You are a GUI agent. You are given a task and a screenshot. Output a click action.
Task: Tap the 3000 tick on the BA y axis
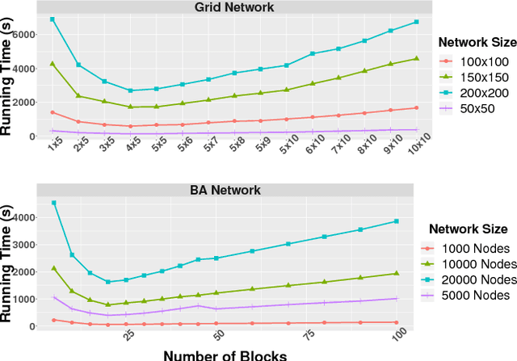click(27, 244)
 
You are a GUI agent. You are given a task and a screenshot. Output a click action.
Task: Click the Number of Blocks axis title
click(223, 353)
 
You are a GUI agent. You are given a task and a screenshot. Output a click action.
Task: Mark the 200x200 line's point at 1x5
click(53, 19)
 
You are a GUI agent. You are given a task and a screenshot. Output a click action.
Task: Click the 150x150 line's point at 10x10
click(416, 58)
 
